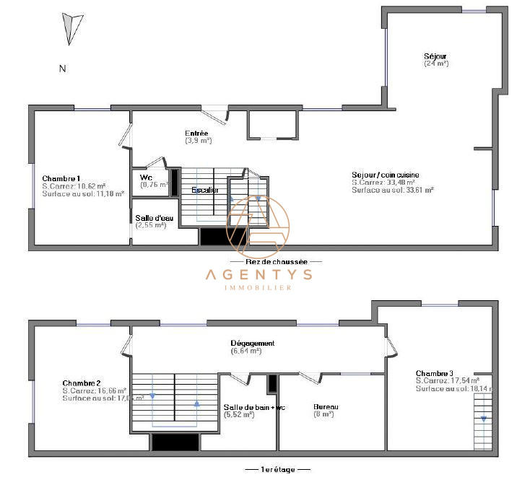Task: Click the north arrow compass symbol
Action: point(69,28)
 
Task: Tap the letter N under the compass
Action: point(63,69)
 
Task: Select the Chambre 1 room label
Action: point(61,178)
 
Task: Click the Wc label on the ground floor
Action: point(146,177)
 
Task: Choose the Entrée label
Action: point(196,134)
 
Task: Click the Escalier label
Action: point(206,190)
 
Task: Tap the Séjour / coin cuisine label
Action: point(385,175)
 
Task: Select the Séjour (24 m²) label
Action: point(435,56)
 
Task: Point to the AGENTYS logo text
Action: point(258,274)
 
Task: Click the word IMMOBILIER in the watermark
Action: point(258,287)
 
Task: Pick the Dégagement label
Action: point(252,344)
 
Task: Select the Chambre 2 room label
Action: point(81,383)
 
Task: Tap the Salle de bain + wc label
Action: point(254,407)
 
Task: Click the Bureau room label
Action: point(326,407)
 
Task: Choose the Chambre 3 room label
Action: point(435,372)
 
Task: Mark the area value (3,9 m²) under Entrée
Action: point(198,141)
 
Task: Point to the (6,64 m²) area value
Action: point(246,351)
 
